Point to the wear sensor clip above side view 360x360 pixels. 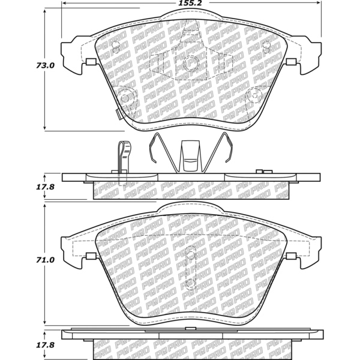122,157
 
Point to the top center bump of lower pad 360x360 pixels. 191,208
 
